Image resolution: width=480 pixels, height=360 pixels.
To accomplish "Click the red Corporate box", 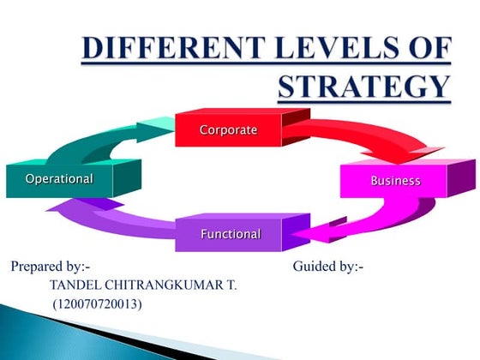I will (228, 130).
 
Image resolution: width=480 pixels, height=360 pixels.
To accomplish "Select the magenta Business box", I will (395, 181).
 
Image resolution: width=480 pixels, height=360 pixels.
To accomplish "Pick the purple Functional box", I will (230, 233).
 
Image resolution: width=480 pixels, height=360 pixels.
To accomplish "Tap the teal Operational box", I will (59, 179).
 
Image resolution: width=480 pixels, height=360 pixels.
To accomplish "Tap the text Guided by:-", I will (328, 267).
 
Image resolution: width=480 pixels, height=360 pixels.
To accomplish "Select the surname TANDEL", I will (75, 285).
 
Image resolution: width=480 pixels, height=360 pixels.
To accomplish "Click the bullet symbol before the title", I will (66, 48).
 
